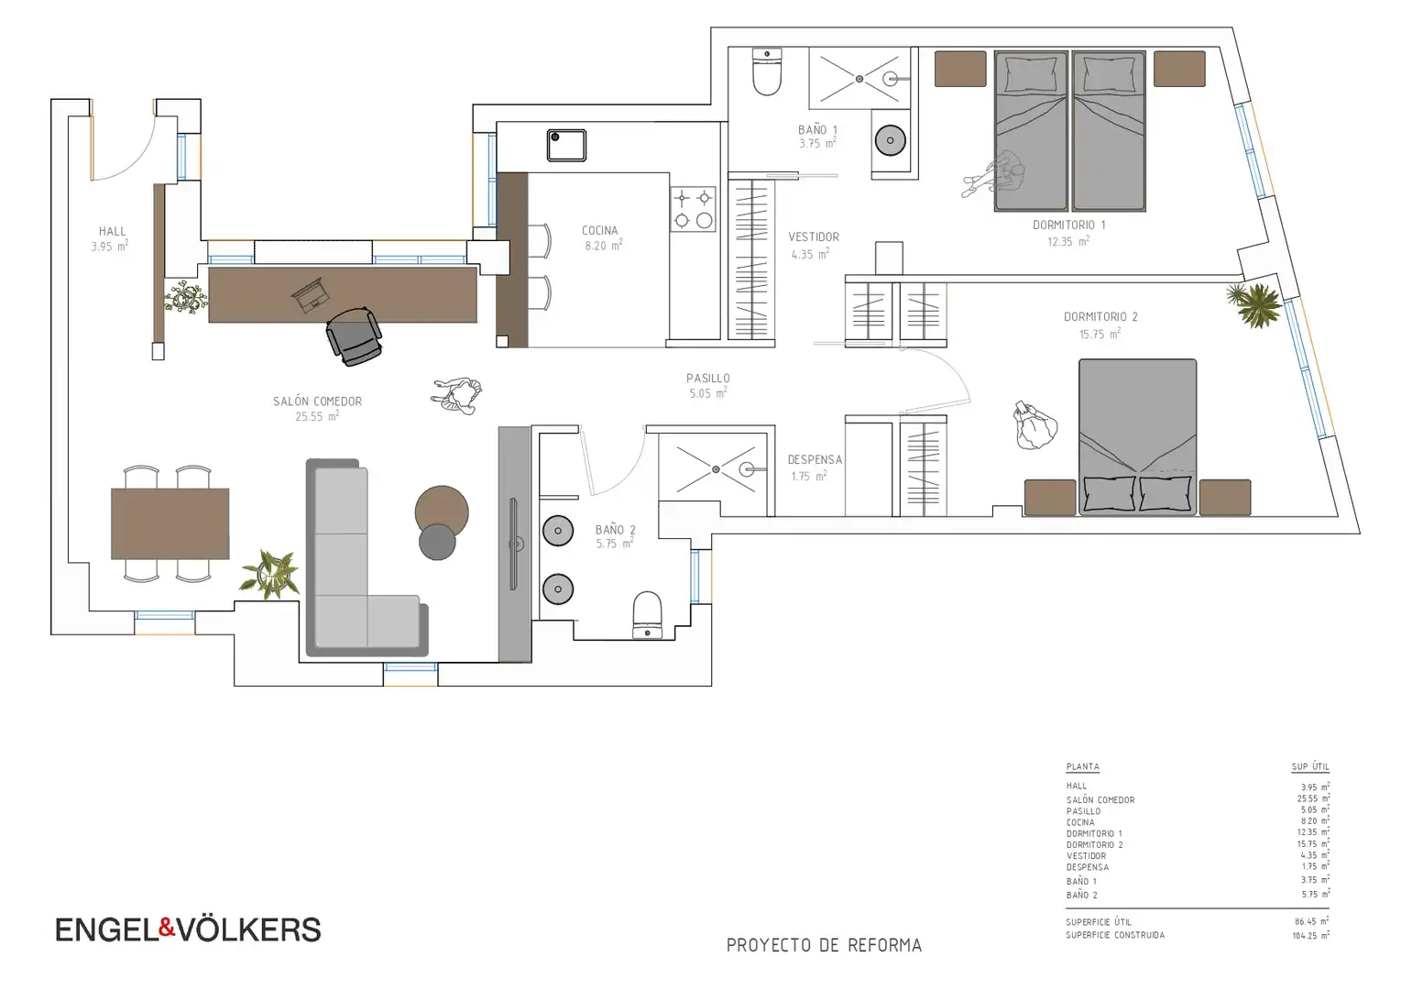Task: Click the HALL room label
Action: click(x=113, y=232)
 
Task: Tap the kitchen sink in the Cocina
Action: click(x=566, y=145)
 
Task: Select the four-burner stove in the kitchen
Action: click(x=693, y=209)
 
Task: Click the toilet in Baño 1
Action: click(x=767, y=72)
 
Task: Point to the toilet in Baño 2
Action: click(x=647, y=615)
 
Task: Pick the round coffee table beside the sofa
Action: click(x=442, y=511)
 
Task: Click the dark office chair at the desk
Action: click(x=354, y=336)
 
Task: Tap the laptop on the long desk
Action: click(x=311, y=295)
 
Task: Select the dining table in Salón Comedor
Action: click(x=170, y=523)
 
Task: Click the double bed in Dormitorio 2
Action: click(x=1138, y=437)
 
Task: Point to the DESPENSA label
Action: click(x=815, y=459)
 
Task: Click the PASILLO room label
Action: click(x=708, y=378)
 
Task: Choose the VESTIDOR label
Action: click(x=814, y=236)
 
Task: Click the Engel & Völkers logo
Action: click(x=188, y=929)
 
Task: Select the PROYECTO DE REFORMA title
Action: click(x=825, y=945)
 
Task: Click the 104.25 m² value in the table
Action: click(x=1311, y=936)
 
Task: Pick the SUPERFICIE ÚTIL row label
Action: click(x=1099, y=922)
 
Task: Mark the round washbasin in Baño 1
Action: click(x=890, y=140)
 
